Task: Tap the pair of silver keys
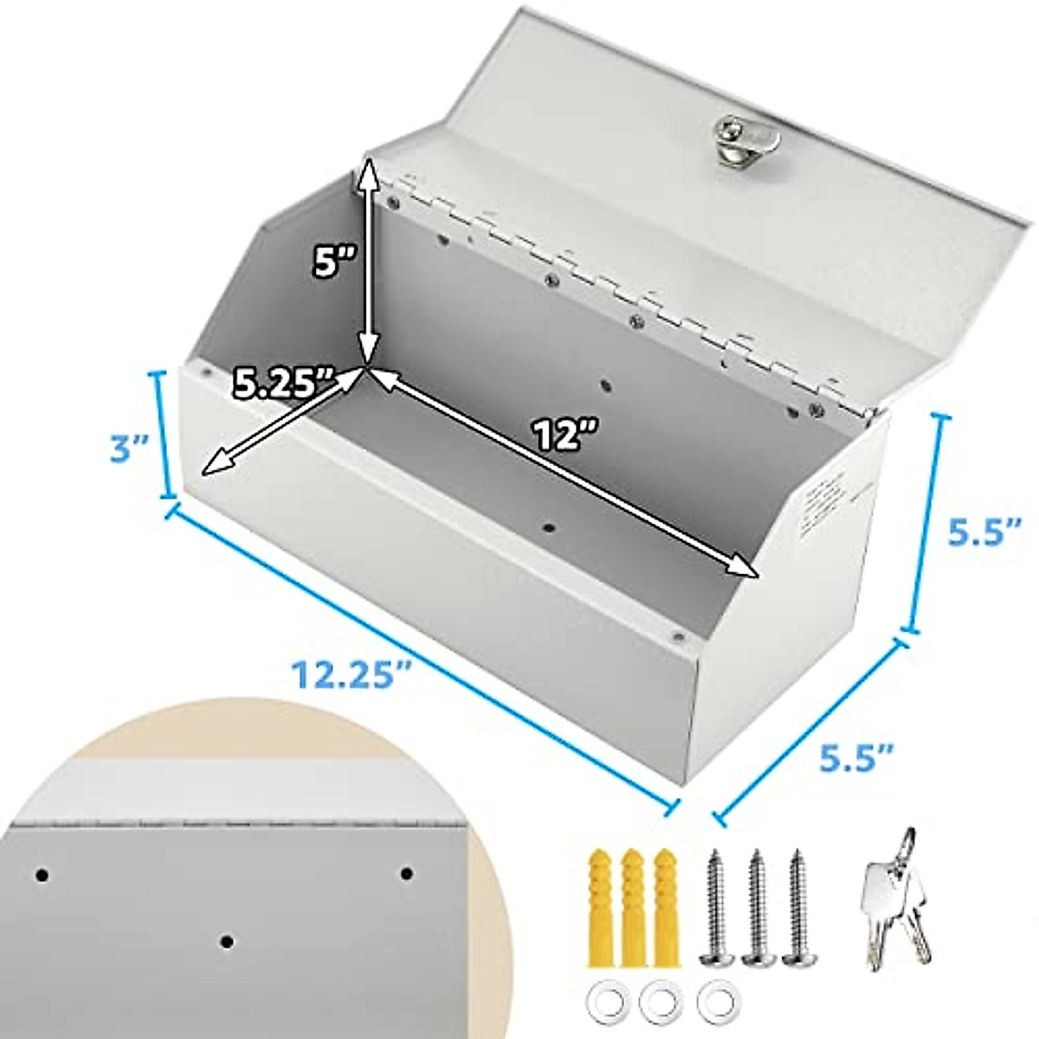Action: [x=893, y=887]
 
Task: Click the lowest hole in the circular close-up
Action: [x=226, y=940]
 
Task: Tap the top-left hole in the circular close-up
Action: [x=42, y=875]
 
